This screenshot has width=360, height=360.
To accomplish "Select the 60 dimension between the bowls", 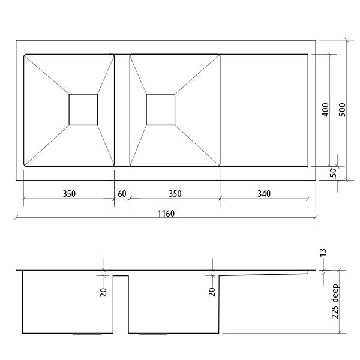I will pos(122,194).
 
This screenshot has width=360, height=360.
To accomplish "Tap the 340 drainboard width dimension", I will pos(263,194).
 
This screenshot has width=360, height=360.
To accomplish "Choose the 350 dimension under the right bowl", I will pos(174,194).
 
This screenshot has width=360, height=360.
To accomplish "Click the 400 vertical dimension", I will pos(325,109).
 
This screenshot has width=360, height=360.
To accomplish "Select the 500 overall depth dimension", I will pos(342,109).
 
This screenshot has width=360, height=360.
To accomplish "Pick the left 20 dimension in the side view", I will pos(103,292).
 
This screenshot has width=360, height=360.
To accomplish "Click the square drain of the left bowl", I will pos(83,109).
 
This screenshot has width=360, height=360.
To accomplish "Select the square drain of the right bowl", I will pos(161,109).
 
